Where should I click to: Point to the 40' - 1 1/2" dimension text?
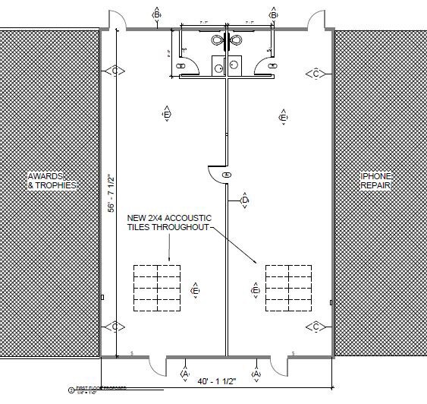coord(220,382)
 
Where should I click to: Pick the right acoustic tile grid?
coord(288,287)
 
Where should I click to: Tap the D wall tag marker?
coord(244,200)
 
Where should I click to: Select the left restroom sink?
coord(218,68)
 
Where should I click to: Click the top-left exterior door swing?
coord(112,21)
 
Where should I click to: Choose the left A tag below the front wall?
coord(185,374)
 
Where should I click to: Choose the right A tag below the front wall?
coord(256,374)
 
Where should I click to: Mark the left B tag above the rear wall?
coord(157,14)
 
